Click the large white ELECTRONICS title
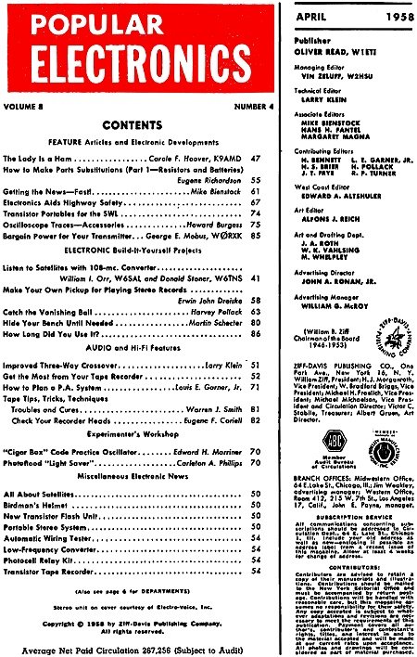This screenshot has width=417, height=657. pos(125,60)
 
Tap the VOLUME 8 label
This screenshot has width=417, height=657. pos(31,106)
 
